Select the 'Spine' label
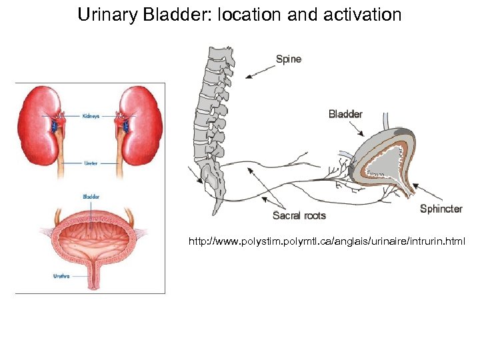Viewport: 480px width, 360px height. pyautogui.click(x=289, y=59)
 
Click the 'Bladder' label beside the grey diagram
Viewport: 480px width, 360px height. pyautogui.click(x=345, y=114)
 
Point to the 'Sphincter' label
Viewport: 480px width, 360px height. pyautogui.click(x=441, y=209)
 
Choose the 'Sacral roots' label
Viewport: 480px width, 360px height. pyautogui.click(x=299, y=215)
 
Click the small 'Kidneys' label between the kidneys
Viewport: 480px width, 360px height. pyautogui.click(x=91, y=115)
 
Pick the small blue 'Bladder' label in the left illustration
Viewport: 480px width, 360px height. pyautogui.click(x=91, y=196)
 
